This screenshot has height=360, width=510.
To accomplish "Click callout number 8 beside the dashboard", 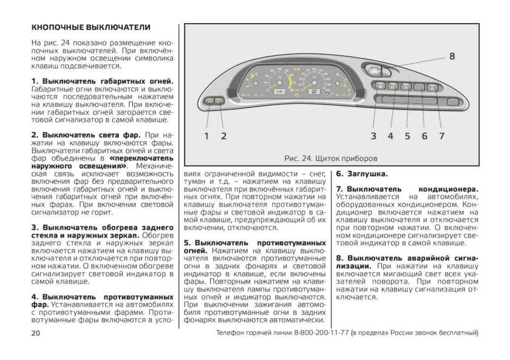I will (452, 56).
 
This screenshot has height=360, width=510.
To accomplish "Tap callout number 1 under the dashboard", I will (206, 135).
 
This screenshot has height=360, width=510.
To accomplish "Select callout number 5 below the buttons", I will (407, 135).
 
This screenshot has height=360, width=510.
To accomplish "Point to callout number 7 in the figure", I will (441, 135).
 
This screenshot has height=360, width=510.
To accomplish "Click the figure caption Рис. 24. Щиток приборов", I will (331, 158).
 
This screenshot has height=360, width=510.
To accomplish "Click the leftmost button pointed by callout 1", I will (209, 100).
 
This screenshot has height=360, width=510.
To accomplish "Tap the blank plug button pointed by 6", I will (419, 87).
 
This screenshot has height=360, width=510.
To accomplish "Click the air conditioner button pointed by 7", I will (432, 87).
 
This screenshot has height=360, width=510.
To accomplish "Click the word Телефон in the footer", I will (233, 333).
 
